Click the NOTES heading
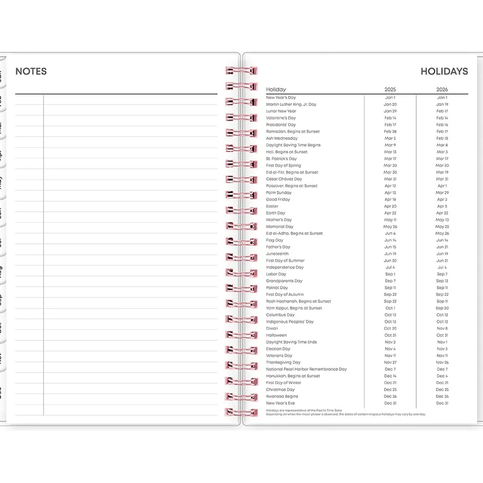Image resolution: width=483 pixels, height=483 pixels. point(31,71)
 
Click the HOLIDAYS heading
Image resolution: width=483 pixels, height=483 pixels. point(444,71)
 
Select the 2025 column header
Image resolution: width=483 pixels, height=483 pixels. point(390,89)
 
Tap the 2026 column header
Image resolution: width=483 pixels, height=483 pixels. point(442,89)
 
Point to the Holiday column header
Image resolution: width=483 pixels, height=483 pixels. point(276,89)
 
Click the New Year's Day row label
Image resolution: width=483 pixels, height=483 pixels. point(281,98)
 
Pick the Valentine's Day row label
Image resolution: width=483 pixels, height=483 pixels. point(281,118)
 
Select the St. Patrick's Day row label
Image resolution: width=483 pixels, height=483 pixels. point(281,159)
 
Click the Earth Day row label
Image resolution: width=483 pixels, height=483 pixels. point(275,213)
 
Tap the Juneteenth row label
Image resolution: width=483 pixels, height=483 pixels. point(277,254)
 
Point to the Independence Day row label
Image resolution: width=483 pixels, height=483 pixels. point(285,267)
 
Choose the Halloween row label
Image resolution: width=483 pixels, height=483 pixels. point(276,335)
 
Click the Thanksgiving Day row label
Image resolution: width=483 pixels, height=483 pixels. point(283,362)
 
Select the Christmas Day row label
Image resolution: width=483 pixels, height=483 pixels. point(280,389)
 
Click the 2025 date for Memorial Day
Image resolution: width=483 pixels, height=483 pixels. point(390,227)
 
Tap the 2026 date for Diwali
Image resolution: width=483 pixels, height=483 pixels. point(442,328)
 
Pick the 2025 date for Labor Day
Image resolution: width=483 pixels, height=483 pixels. point(390,274)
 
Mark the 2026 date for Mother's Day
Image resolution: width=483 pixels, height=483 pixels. point(442,220)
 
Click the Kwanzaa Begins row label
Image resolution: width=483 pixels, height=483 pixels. point(282,396)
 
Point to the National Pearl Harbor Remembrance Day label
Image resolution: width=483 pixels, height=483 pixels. point(306,369)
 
